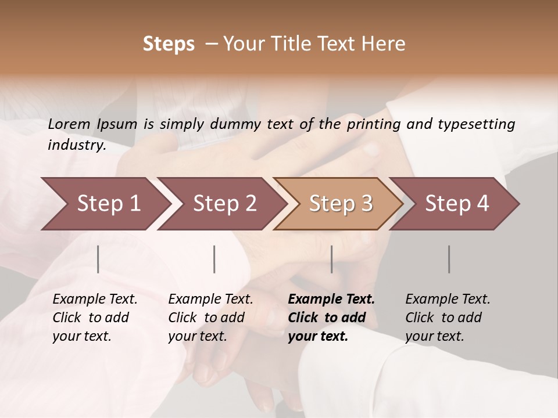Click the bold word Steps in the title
click(x=169, y=44)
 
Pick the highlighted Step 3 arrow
click(x=340, y=204)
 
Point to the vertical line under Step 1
click(x=98, y=259)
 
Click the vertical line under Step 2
click(x=214, y=259)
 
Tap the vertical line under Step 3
click(x=332, y=259)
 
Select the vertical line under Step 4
click(x=449, y=259)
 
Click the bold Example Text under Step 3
click(x=331, y=300)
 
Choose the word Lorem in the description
click(x=69, y=124)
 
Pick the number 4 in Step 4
click(x=482, y=204)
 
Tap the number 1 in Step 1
click(x=134, y=204)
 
